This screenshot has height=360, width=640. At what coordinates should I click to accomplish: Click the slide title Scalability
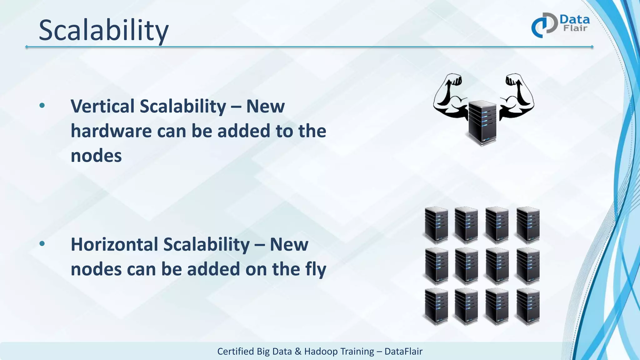coord(103,30)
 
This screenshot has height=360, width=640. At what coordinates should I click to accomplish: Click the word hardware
coord(111,131)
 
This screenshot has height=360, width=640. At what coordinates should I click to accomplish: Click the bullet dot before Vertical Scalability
coord(42,106)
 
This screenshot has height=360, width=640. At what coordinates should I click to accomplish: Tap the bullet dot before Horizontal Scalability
coord(42,244)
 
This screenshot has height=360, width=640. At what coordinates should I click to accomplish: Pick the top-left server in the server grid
coord(437,225)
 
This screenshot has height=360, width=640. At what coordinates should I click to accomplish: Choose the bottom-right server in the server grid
coord(528,306)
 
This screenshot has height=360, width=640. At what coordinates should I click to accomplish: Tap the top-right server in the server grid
coord(528,225)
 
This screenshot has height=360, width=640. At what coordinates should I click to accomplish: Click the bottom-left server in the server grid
coord(437,306)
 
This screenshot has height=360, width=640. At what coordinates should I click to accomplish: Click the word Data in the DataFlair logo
coord(574,20)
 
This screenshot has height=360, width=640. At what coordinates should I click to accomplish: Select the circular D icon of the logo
coord(544,25)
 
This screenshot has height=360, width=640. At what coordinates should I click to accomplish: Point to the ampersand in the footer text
coord(298,352)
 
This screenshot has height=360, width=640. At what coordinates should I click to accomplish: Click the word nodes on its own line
coord(96,156)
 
